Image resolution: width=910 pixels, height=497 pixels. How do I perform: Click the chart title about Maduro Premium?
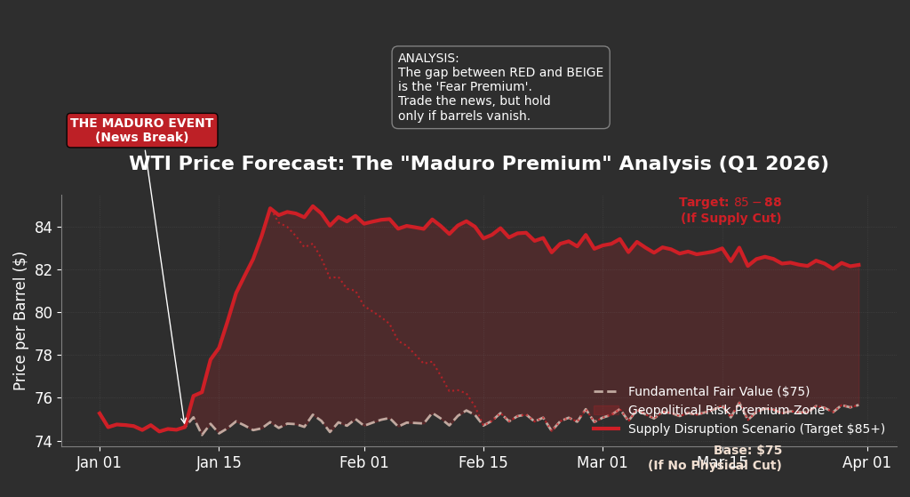[478, 164]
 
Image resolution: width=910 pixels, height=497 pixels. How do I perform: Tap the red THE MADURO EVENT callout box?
[142, 131]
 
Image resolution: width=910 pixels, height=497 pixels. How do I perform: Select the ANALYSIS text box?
[500, 87]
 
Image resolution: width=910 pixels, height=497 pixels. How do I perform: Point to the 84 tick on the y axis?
[43, 228]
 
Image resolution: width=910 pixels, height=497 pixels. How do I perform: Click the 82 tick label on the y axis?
[43, 270]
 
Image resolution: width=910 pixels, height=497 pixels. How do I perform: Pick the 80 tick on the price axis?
[43, 313]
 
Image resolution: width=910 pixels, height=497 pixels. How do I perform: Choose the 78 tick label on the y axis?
[43, 356]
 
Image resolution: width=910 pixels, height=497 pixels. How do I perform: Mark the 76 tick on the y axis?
[43, 398]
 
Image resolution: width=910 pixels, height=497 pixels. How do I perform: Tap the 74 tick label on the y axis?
[43, 441]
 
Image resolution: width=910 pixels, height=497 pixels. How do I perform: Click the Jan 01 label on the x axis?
[100, 463]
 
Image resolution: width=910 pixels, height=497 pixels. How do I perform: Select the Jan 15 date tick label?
[219, 463]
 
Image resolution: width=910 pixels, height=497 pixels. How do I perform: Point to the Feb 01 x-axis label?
[363, 463]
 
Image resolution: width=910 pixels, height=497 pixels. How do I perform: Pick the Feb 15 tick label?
[483, 463]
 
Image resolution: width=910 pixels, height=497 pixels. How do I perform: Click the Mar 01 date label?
[603, 463]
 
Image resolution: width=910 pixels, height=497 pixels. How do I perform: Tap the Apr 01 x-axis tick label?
[866, 463]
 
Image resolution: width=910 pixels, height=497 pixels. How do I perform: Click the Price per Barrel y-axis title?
[20, 320]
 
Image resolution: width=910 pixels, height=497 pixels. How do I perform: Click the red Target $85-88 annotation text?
[730, 211]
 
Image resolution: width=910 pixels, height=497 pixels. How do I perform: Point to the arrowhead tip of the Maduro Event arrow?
[184, 424]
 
